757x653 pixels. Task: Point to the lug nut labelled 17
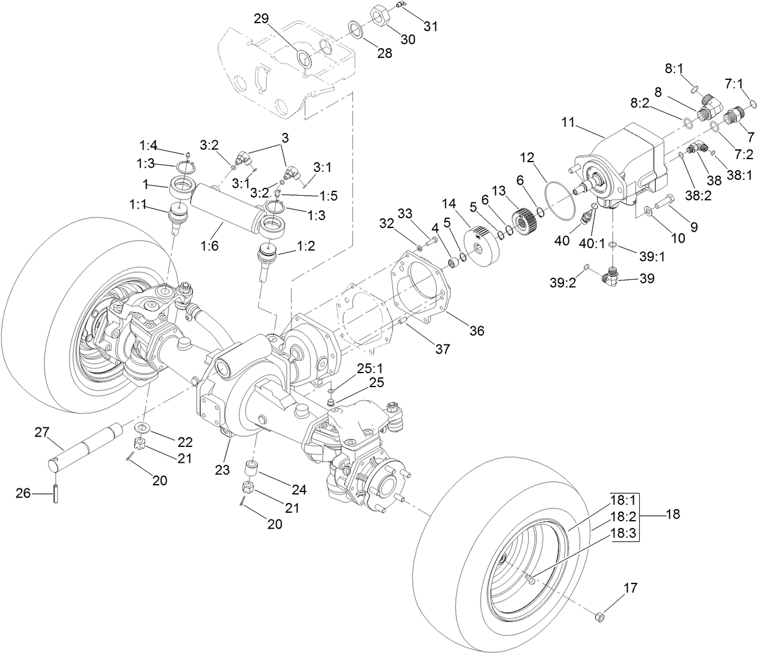click(x=599, y=616)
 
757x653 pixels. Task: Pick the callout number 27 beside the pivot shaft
click(x=41, y=432)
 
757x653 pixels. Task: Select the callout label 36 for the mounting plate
click(x=476, y=330)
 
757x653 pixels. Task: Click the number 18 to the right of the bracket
click(x=673, y=514)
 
